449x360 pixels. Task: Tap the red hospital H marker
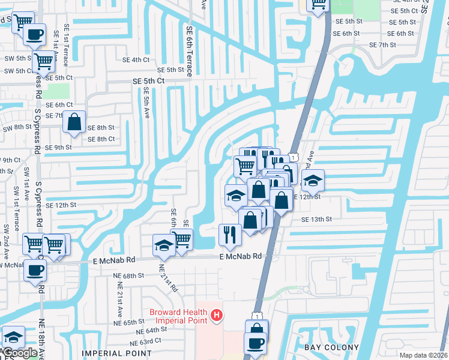pos(217,314)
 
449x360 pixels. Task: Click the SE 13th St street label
pos(316,220)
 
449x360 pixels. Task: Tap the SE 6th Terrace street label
pos(188,52)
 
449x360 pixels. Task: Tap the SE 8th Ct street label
pos(101,139)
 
